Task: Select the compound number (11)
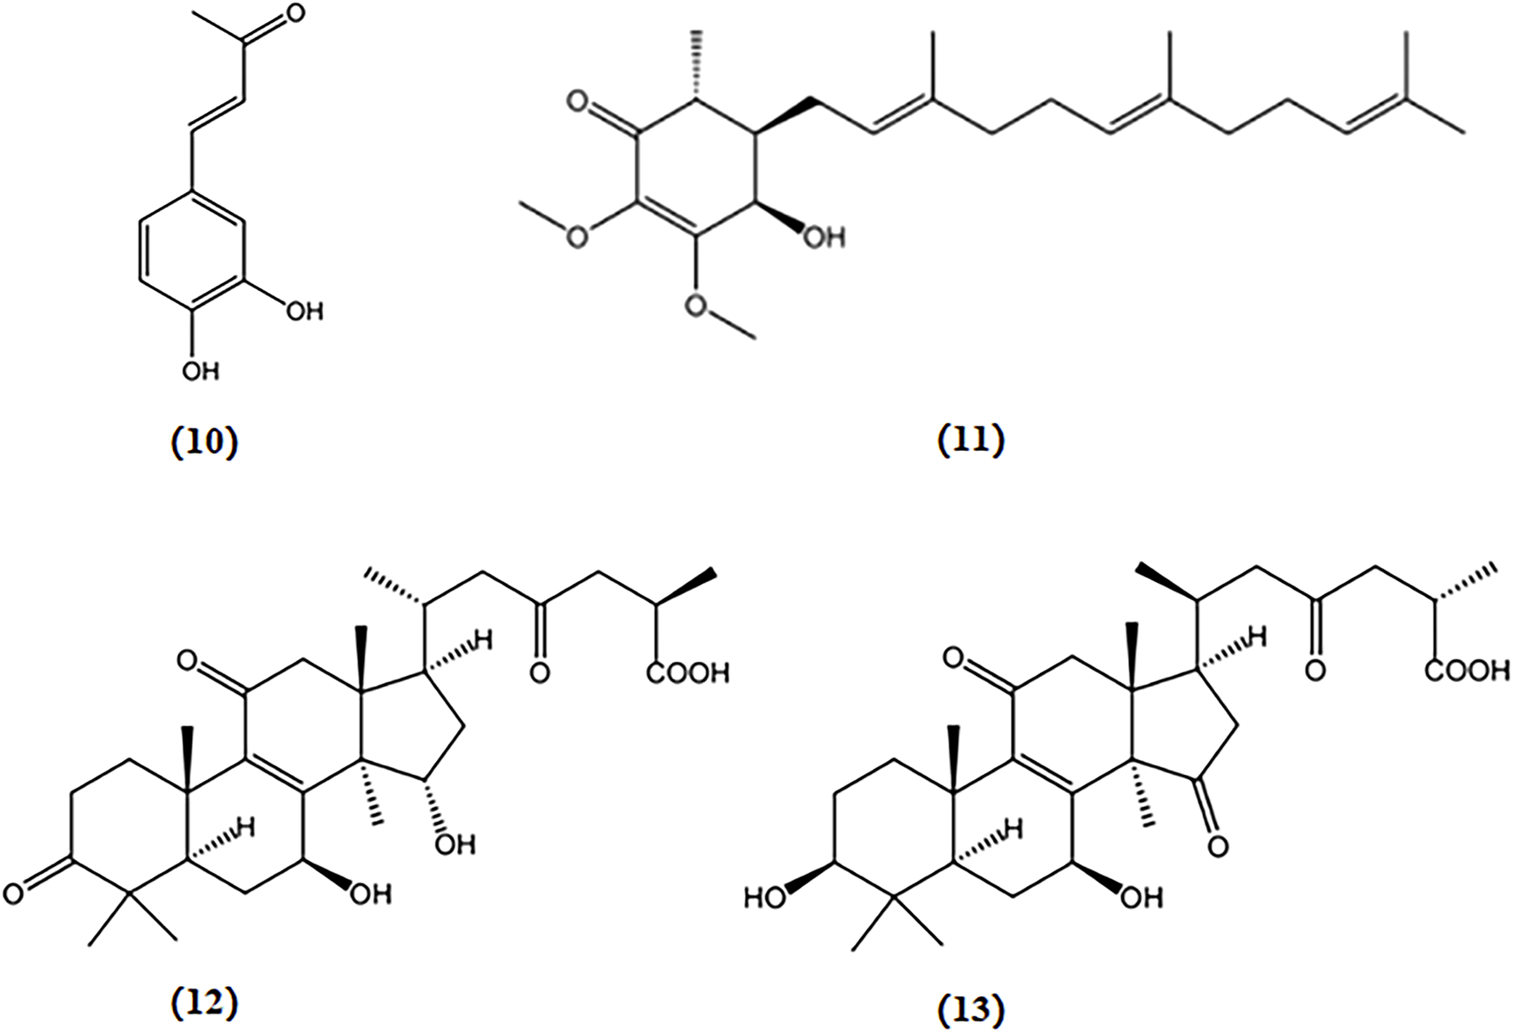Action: pos(972,440)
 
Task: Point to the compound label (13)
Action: pos(972,1009)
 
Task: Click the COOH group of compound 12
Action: pos(687,674)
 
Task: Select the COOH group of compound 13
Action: pos(1467,671)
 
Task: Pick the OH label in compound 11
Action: pos(823,237)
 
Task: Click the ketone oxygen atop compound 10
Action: pos(295,14)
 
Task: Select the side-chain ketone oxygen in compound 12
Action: pos(538,673)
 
